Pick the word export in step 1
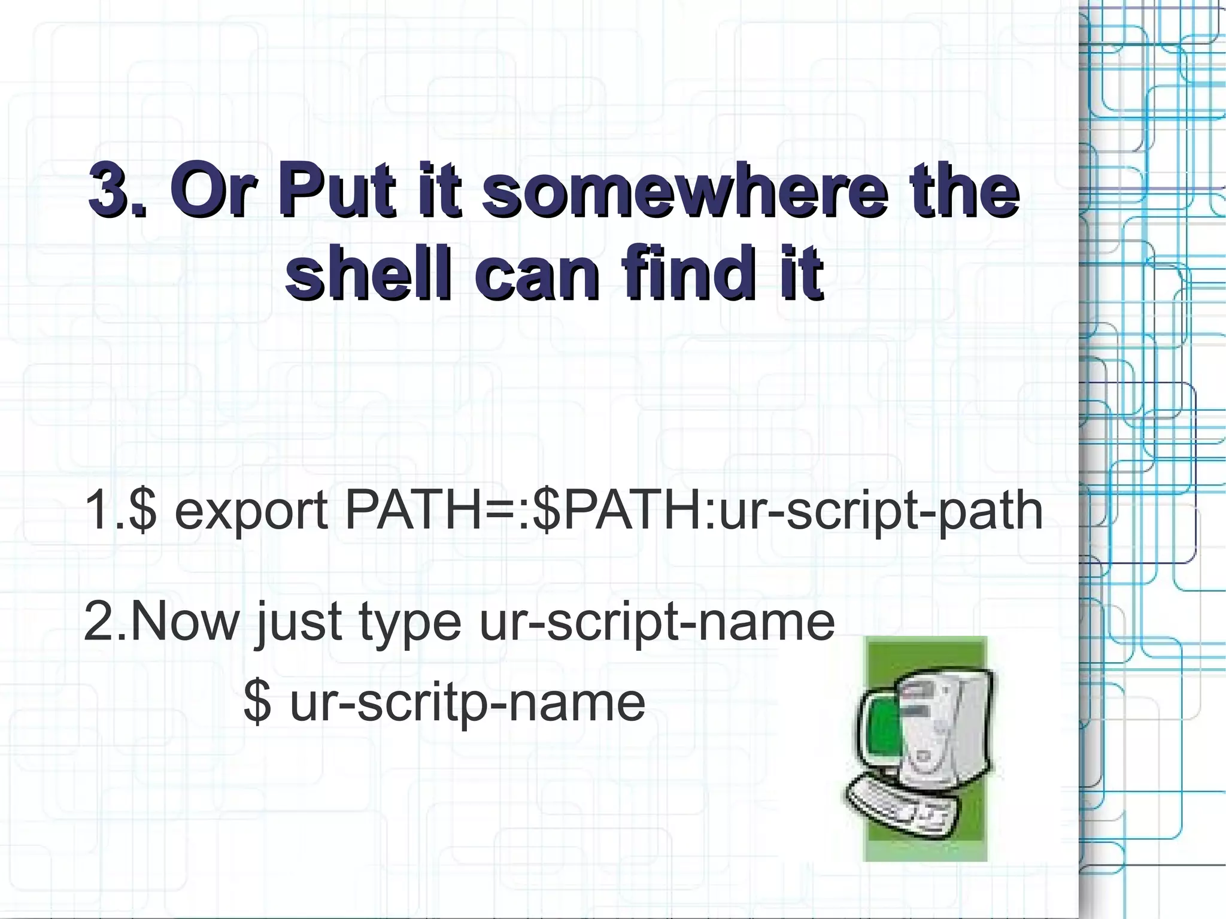251,511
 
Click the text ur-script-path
881,511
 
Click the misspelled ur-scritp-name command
467,703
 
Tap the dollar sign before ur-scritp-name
257,703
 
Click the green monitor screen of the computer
882,734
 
